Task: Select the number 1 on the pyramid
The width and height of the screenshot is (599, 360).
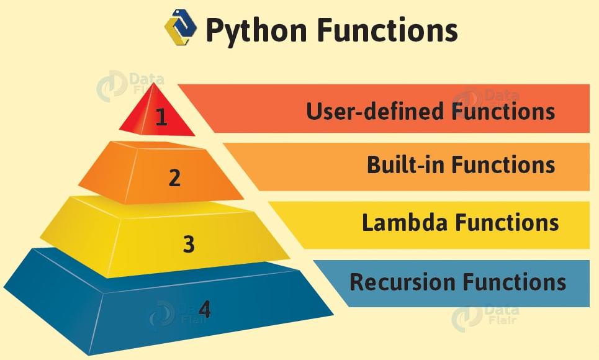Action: [161, 117]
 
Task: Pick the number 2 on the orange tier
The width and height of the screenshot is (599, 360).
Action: [174, 178]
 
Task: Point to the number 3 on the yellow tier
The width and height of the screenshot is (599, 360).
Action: [189, 244]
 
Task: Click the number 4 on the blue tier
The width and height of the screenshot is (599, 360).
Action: [204, 309]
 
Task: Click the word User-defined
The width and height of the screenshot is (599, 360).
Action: [374, 112]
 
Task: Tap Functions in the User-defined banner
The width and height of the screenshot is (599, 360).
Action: [502, 112]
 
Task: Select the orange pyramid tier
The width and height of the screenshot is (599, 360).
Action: [137, 174]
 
